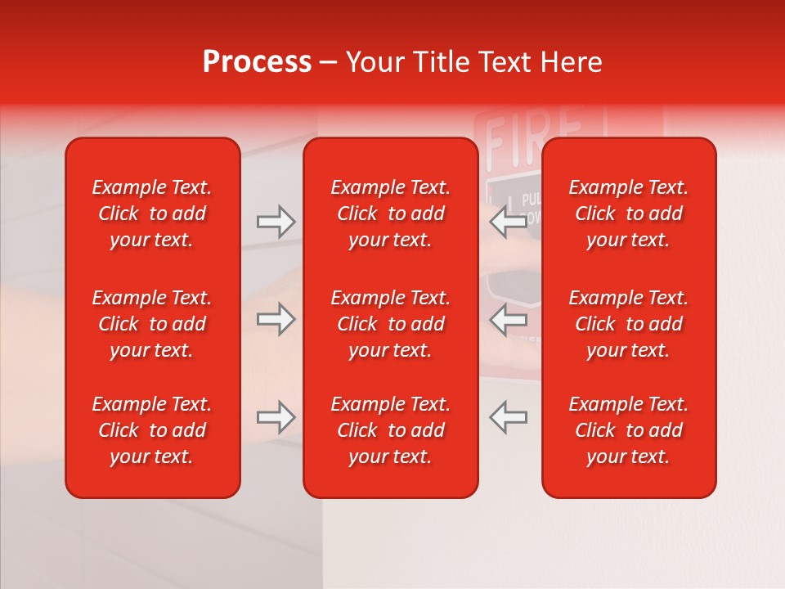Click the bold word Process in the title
click(257, 62)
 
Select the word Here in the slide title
click(572, 62)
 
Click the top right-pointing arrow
click(276, 222)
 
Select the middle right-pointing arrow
click(276, 319)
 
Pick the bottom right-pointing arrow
click(276, 417)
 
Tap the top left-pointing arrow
click(508, 222)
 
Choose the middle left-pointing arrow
click(508, 319)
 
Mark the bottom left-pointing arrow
click(508, 417)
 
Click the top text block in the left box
click(152, 214)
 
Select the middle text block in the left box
click(152, 324)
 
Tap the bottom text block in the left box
click(152, 430)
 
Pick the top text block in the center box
click(391, 214)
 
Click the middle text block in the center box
click(391, 324)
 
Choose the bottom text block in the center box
click(391, 430)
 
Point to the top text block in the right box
click(629, 214)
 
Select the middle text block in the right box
click(629, 324)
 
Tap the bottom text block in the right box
click(629, 430)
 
